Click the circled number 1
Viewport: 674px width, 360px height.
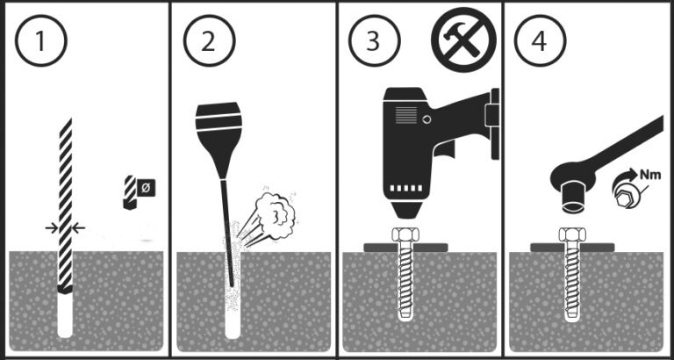[41, 41]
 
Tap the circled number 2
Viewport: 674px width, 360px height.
[210, 41]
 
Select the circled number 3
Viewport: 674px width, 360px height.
[375, 41]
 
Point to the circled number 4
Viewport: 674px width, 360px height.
[541, 41]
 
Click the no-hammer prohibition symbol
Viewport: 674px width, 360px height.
[463, 40]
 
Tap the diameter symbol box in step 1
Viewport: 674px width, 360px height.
[146, 188]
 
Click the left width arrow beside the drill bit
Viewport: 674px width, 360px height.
[52, 228]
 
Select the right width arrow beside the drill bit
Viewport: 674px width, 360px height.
[78, 228]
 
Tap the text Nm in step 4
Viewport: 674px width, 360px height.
[650, 175]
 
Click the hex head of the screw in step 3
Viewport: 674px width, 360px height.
[405, 234]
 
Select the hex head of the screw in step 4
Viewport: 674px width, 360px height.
[572, 234]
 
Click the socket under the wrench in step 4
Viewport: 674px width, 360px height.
[573, 197]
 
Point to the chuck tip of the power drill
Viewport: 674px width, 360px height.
[405, 210]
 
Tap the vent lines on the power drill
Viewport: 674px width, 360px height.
[406, 115]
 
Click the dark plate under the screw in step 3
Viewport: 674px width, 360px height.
[405, 248]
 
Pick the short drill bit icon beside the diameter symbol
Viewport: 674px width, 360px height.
[130, 192]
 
